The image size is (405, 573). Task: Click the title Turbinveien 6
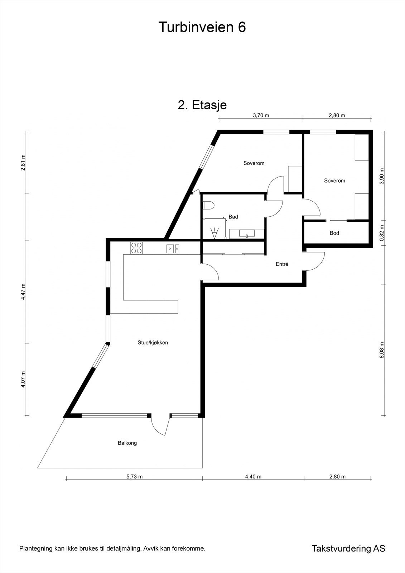[x=202, y=27]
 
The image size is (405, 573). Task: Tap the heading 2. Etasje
[x=202, y=105]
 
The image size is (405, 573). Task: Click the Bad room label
[x=233, y=217]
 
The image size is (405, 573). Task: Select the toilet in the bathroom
[x=208, y=206]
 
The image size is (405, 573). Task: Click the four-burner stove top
[x=136, y=248]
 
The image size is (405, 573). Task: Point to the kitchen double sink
[x=173, y=248]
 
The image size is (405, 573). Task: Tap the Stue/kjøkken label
[x=153, y=342]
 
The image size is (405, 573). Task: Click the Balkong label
[x=127, y=443]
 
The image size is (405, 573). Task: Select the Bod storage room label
[x=334, y=233]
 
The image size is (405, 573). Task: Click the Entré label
[x=282, y=264]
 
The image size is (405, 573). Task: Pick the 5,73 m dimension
[x=134, y=476]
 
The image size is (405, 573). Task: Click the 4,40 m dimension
[x=253, y=476]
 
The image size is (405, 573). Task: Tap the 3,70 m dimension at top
[x=261, y=115]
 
